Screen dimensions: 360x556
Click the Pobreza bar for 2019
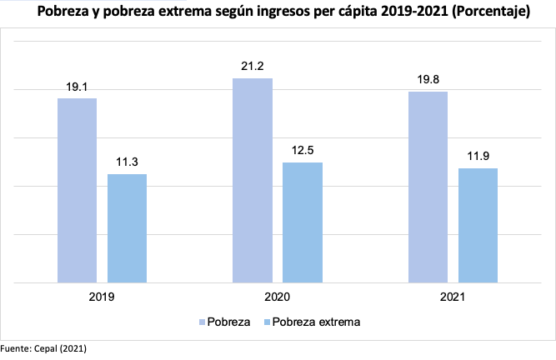coord(77,191)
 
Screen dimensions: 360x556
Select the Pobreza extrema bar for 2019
coord(127,228)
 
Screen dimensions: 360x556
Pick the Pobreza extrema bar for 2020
coord(302,222)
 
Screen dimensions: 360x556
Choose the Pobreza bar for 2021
coord(428,187)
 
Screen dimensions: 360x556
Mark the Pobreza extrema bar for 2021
coord(478,226)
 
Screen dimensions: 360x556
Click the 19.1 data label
coord(77,86)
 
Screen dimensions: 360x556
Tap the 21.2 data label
coord(253,66)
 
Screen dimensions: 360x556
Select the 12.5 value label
coord(302,150)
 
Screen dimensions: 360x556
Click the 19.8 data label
coord(428,79)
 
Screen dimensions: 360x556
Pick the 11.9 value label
coord(478,156)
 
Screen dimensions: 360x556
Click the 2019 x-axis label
coord(102,297)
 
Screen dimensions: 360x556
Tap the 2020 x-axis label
coord(277,297)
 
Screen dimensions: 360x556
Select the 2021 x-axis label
coord(453,297)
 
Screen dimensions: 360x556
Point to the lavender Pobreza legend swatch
coord(203,322)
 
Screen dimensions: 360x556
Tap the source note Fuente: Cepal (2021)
coord(43,347)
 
